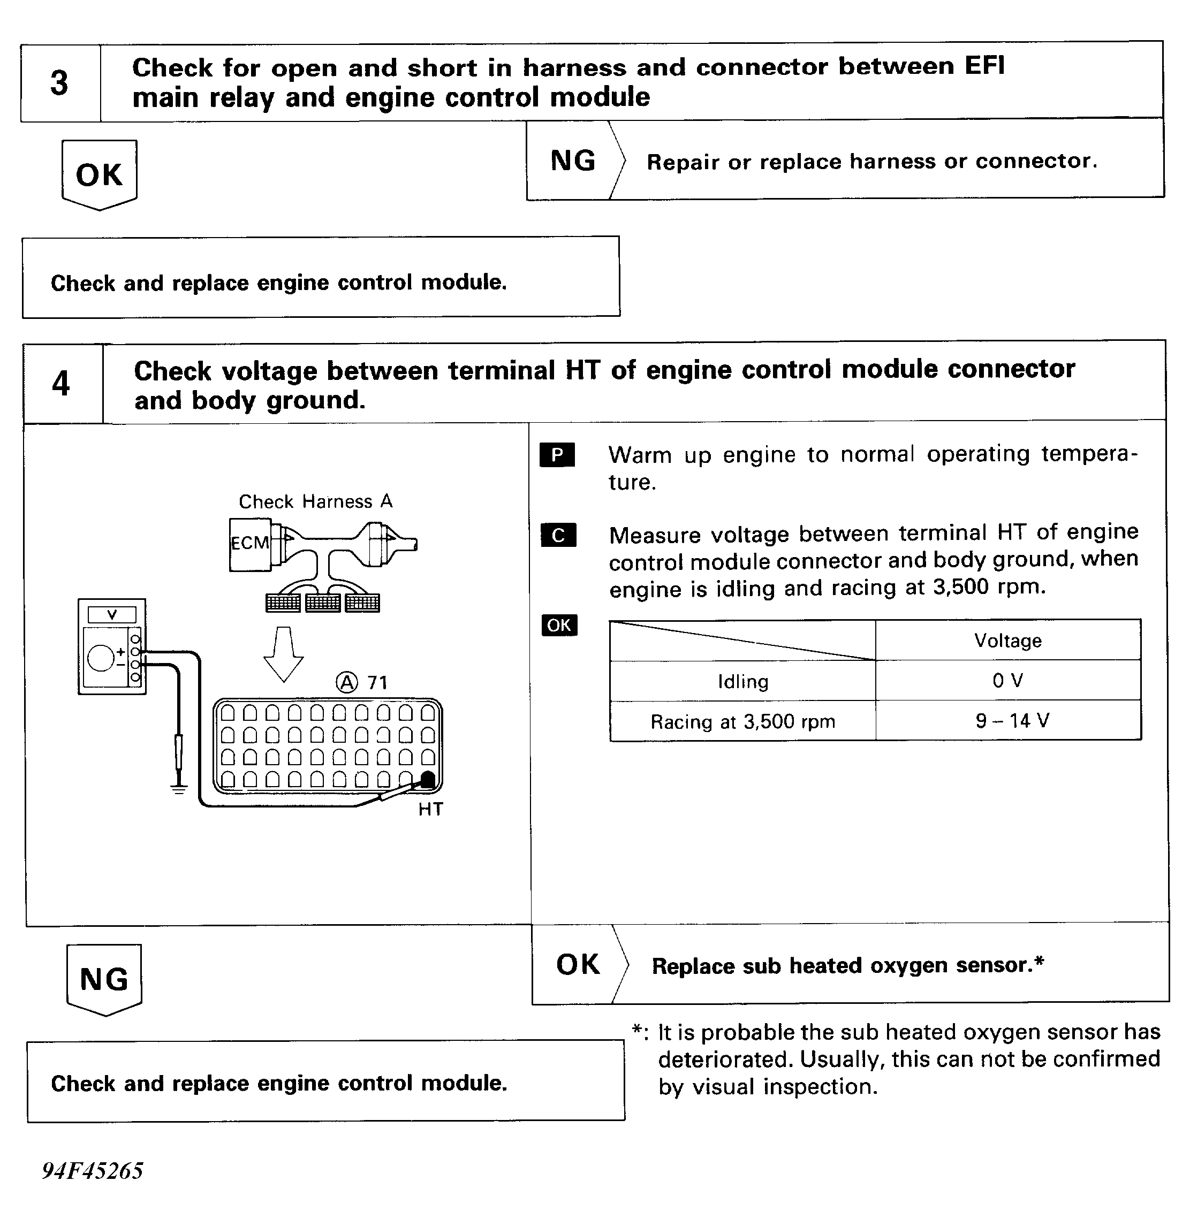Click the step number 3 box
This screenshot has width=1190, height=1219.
pyautogui.click(x=60, y=83)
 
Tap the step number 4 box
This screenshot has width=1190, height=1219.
pyautogui.click(x=62, y=383)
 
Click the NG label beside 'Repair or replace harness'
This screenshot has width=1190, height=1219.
pyautogui.click(x=572, y=161)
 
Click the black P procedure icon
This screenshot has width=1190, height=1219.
pyautogui.click(x=557, y=455)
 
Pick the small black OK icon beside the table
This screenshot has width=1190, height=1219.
pyautogui.click(x=559, y=625)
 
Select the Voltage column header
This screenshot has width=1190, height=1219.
pyautogui.click(x=1007, y=641)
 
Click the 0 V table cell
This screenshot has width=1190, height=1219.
pyautogui.click(x=1007, y=681)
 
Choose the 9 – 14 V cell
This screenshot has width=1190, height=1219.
pyautogui.click(x=1007, y=721)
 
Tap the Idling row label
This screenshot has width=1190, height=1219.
pyautogui.click(x=742, y=681)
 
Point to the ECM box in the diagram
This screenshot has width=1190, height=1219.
pyautogui.click(x=249, y=543)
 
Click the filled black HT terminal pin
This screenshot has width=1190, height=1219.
pyautogui.click(x=428, y=779)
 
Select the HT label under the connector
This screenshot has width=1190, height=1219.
pyautogui.click(x=430, y=810)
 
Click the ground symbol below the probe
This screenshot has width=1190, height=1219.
pyautogui.click(x=179, y=789)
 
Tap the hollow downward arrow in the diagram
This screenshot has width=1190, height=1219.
pyautogui.click(x=284, y=653)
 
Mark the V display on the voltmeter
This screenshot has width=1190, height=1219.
pyautogui.click(x=112, y=615)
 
